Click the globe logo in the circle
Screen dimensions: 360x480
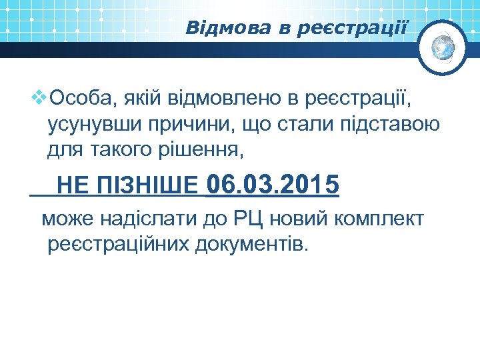click(x=443, y=47)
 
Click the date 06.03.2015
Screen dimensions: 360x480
click(x=273, y=183)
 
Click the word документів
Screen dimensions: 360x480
click(x=253, y=245)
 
